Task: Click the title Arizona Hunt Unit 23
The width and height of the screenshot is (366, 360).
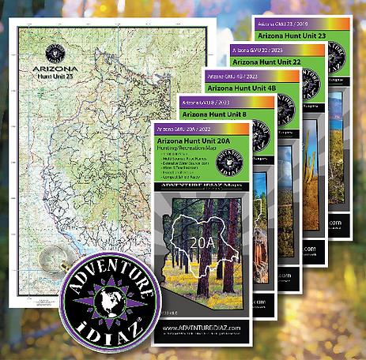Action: tap(290, 36)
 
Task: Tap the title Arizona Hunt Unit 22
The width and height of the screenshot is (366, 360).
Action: tap(266, 62)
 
